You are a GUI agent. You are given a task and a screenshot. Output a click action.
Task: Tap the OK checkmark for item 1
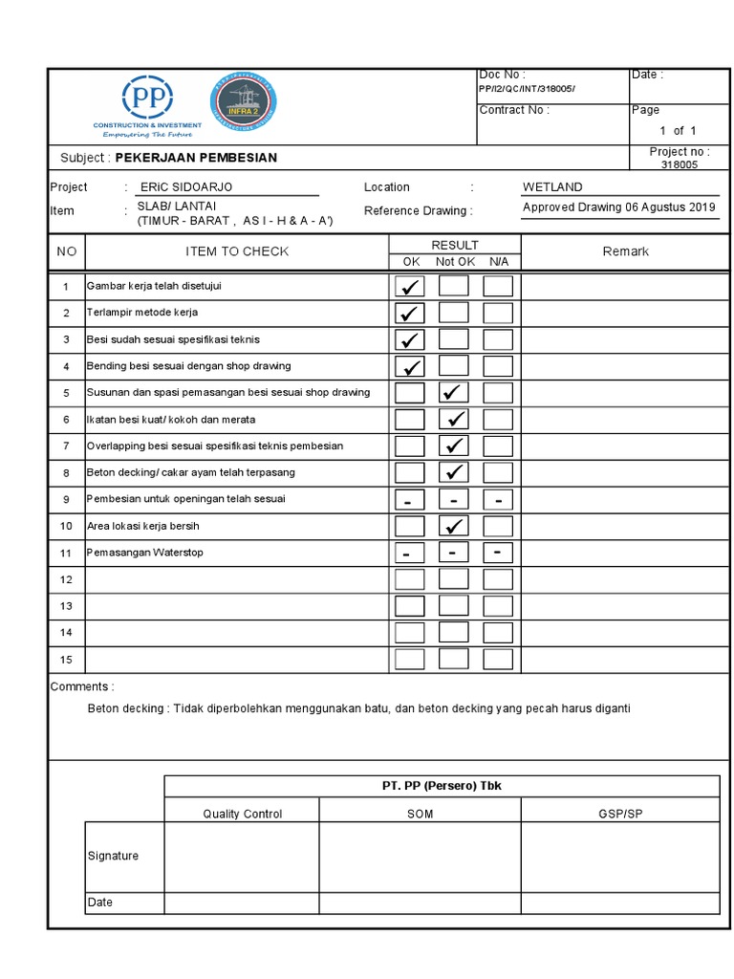coord(410,286)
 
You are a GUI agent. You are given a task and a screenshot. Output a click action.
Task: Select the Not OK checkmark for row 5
coord(454,392)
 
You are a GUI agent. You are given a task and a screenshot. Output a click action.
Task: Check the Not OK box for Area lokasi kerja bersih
coord(454,526)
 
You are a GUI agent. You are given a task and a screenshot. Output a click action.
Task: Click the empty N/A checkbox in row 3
coord(497,338)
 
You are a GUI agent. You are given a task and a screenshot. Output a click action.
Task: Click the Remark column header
coord(625,251)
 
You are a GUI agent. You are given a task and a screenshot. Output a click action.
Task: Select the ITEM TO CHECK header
coord(236,251)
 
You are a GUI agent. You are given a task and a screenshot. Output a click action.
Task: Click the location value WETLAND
coord(551,187)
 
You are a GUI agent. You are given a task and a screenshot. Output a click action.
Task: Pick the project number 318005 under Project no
coord(680,164)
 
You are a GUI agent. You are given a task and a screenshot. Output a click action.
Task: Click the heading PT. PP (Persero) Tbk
coord(441,786)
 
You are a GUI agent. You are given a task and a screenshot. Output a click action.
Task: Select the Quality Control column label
coord(242,814)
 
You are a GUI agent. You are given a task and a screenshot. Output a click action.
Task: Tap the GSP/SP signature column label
coord(619,814)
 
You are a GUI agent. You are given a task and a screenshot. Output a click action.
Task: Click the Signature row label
coord(113,856)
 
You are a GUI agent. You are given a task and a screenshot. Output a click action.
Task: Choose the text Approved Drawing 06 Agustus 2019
coord(618,207)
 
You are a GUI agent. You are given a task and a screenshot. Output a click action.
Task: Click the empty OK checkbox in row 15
coord(410,659)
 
